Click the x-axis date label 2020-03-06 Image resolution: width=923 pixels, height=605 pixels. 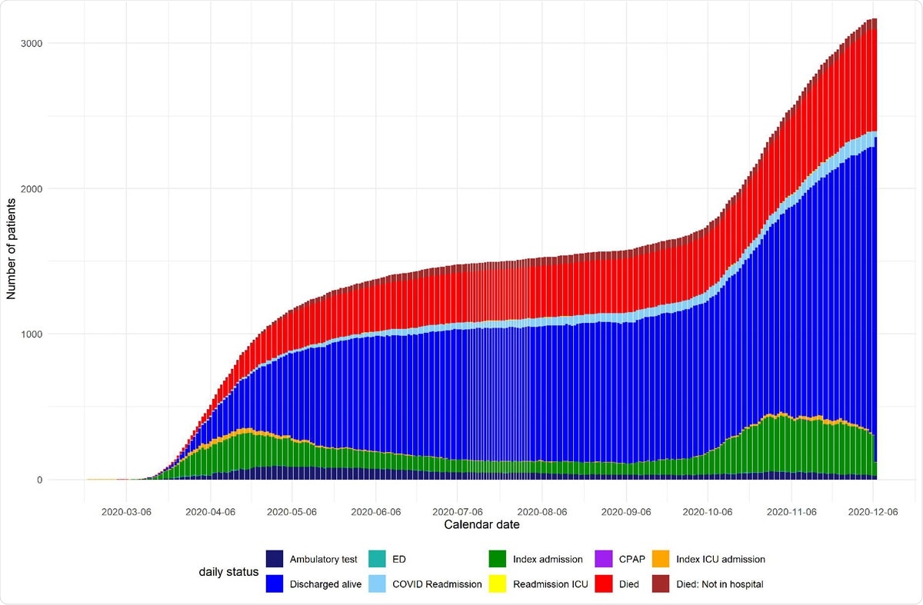(x=126, y=510)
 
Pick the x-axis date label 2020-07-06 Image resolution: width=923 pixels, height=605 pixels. (x=458, y=510)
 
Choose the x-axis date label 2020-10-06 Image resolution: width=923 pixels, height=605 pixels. (x=707, y=510)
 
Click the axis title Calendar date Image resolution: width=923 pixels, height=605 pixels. (x=481, y=525)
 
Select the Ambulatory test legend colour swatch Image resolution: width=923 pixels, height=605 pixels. (x=275, y=560)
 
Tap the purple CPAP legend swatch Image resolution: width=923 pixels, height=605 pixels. (x=604, y=560)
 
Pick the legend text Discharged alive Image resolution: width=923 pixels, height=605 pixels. (x=325, y=584)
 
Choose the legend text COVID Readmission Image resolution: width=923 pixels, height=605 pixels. (x=437, y=584)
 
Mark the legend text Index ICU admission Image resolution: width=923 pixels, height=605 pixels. (x=721, y=560)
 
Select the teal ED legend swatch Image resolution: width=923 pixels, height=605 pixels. (x=378, y=560)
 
